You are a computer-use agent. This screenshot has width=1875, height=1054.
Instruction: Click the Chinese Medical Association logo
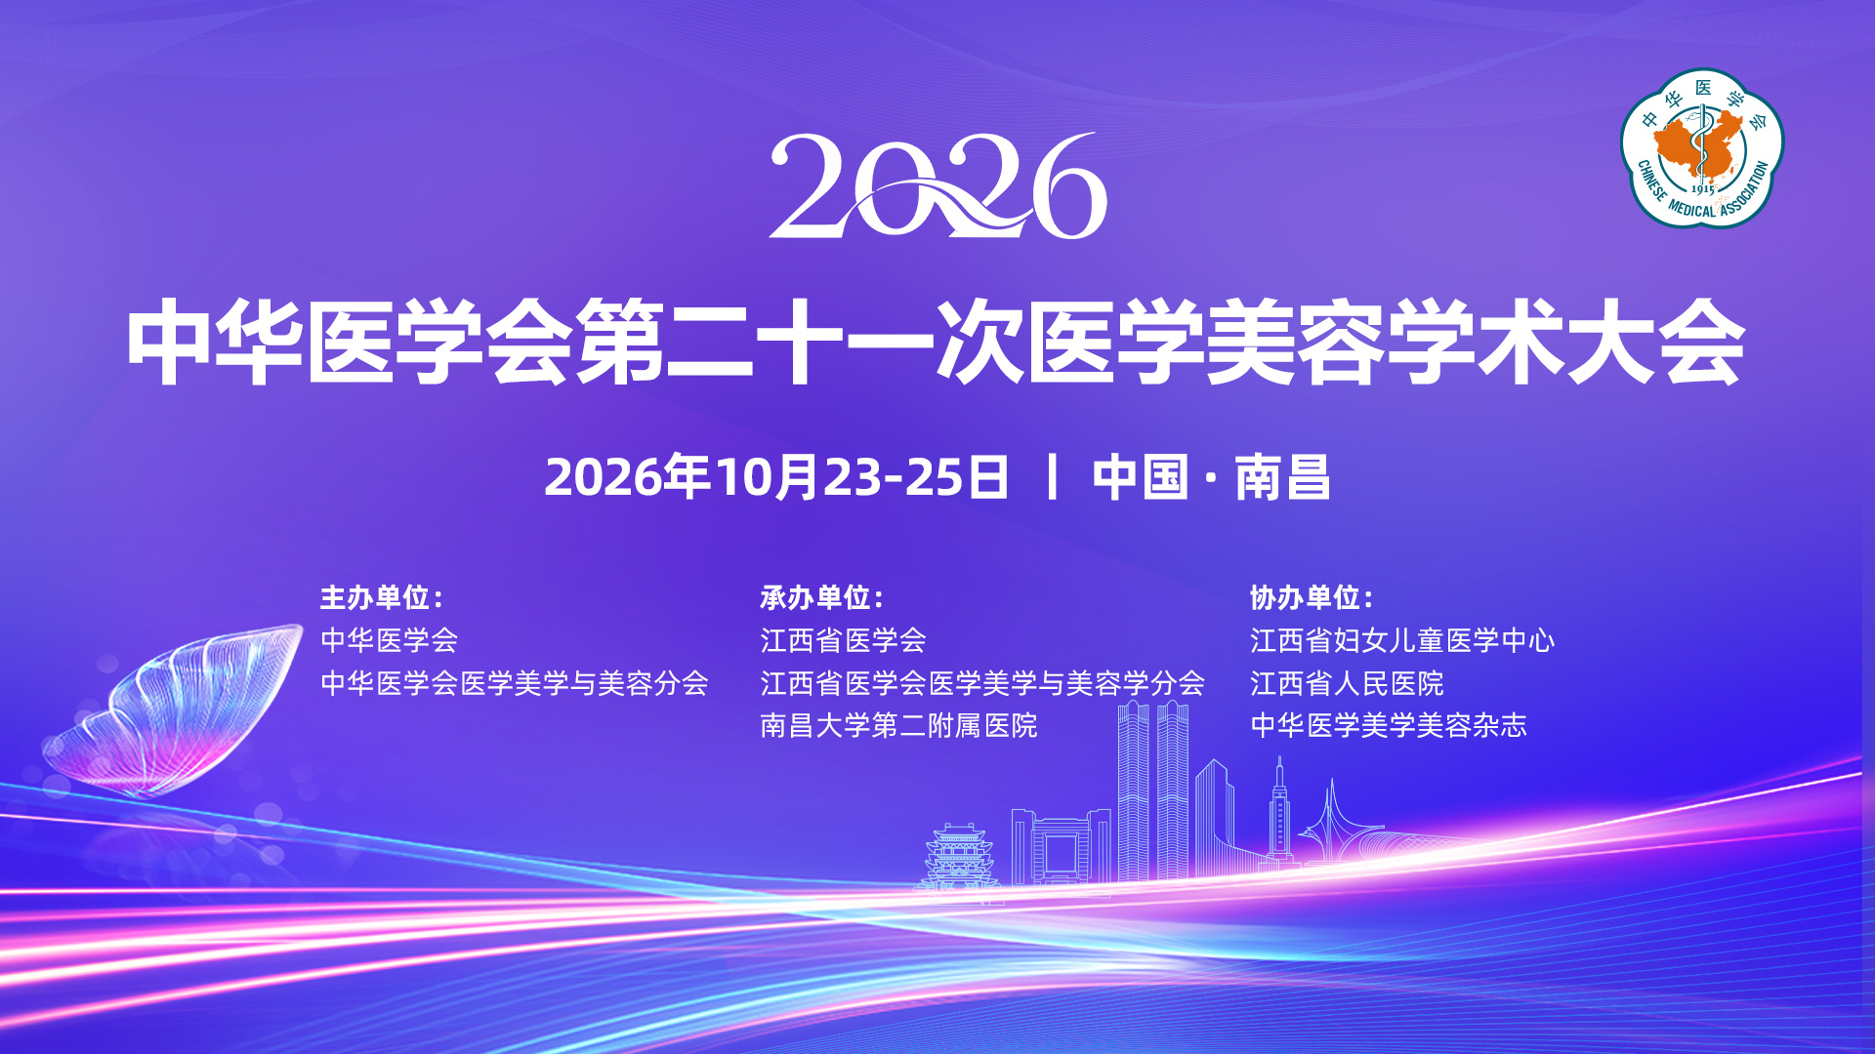tap(1702, 148)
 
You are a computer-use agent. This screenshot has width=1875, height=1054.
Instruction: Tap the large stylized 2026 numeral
tap(938, 185)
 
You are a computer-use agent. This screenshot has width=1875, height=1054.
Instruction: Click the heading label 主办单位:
tap(382, 597)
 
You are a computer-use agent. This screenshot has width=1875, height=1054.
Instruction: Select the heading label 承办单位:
tap(822, 597)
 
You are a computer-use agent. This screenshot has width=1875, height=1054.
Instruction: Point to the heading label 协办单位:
tap(1312, 597)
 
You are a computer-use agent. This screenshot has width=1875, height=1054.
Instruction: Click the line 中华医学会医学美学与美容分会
tap(515, 683)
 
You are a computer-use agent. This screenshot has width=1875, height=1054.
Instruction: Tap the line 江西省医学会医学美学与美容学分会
tap(982, 683)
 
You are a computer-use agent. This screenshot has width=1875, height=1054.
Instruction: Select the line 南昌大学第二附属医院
tap(898, 726)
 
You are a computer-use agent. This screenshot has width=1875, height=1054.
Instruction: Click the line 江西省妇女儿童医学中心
tap(1402, 640)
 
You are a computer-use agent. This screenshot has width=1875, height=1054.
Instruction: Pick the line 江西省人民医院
tap(1347, 683)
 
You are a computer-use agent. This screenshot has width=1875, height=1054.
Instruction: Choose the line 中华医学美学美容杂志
tap(1389, 726)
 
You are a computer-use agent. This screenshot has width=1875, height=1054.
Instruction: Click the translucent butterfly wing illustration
tap(171, 708)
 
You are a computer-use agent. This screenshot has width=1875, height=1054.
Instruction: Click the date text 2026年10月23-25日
tap(776, 477)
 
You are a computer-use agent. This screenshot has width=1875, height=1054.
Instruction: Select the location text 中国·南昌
tap(1211, 477)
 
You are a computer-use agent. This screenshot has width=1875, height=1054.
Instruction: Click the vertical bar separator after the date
tap(1052, 477)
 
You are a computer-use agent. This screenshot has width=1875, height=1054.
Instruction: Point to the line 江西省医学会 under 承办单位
tap(843, 640)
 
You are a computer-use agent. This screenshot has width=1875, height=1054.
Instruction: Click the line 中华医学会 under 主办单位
tap(390, 640)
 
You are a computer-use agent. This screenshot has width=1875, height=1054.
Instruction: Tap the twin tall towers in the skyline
tap(1153, 790)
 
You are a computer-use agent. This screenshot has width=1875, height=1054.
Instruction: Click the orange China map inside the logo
tap(1699, 144)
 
